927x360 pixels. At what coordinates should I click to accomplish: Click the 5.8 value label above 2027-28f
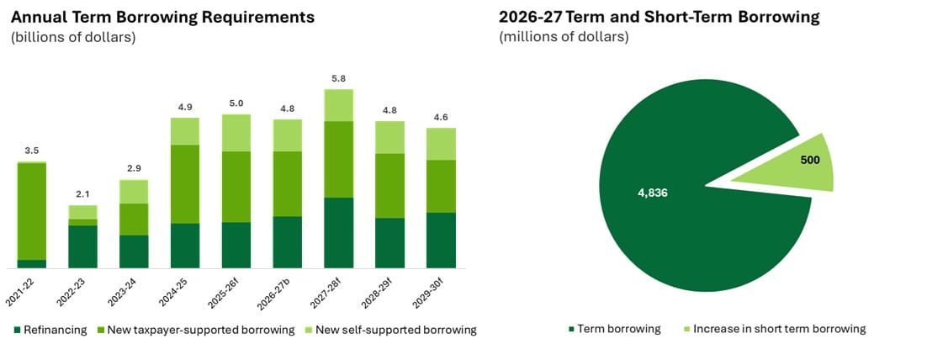[x=339, y=77]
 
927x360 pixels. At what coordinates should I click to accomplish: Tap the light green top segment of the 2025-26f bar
[x=236, y=133]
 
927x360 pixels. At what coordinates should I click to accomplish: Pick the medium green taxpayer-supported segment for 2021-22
[x=31, y=211]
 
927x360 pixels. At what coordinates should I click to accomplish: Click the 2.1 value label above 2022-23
[x=82, y=194]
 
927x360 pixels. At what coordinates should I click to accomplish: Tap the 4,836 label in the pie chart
[x=653, y=193]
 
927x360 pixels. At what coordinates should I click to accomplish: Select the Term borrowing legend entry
[x=613, y=329]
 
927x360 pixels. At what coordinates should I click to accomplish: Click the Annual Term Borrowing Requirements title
[x=162, y=17]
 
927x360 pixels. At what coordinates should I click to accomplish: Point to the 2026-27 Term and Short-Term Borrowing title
[x=659, y=17]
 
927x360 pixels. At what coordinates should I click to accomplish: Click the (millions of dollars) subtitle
[x=564, y=37]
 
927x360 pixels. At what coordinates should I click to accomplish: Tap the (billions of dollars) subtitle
[x=72, y=37]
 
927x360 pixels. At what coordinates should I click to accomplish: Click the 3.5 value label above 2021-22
[x=31, y=151]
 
